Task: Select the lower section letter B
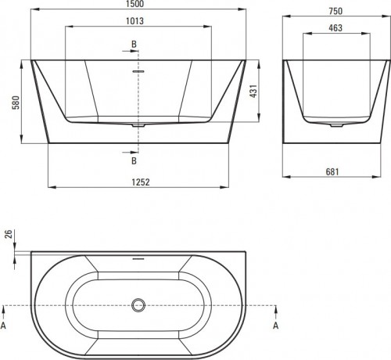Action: pos(134,160)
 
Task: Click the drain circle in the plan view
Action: pos(138,304)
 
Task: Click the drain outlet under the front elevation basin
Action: pos(138,124)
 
